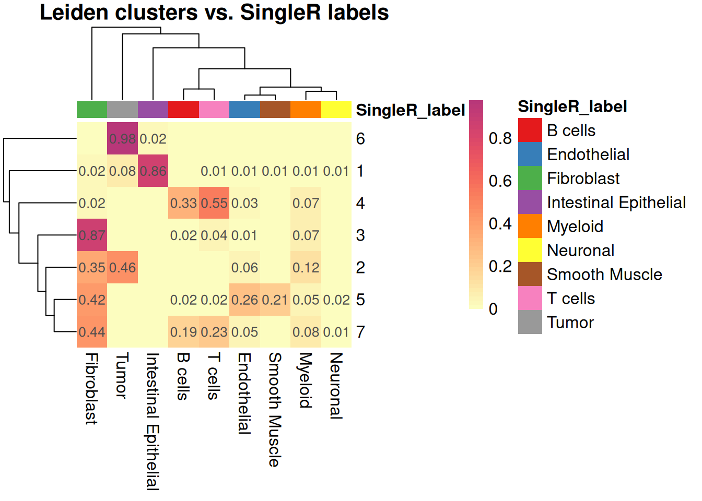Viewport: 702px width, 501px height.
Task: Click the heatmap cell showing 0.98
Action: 122,139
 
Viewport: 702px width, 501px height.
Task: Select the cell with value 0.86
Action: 153,171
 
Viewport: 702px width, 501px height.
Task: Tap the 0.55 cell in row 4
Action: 214,203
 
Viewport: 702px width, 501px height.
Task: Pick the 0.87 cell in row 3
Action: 92,235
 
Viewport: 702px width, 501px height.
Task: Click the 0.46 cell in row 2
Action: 122,268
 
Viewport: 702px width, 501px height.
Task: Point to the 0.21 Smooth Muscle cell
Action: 275,300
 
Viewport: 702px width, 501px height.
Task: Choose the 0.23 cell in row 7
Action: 214,332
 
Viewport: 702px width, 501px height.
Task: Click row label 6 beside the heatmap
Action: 360,139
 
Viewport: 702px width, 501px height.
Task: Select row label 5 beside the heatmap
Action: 360,300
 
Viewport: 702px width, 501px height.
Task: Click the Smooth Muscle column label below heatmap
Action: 275,410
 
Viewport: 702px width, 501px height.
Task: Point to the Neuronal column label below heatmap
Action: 336,386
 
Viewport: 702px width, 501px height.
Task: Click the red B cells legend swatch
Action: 530,130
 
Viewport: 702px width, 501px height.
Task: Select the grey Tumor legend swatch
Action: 530,322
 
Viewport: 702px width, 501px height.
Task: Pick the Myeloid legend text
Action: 575,226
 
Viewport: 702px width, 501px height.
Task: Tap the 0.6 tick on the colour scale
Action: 500,181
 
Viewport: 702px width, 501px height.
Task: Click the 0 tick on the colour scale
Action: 493,309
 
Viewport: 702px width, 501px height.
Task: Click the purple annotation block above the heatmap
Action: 153,110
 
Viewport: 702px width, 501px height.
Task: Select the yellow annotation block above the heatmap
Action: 336,110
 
